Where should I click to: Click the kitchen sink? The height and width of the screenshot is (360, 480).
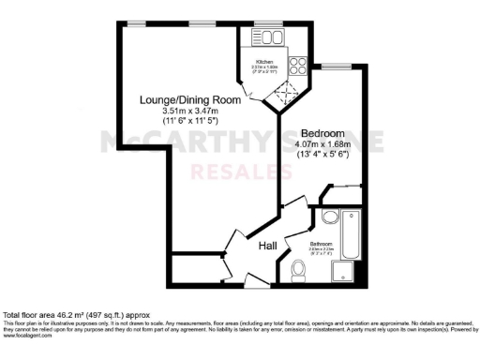pyautogui.click(x=271, y=37)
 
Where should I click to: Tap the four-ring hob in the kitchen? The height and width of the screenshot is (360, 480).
pyautogui.click(x=299, y=67)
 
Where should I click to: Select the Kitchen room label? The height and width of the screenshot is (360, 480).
pyautogui.click(x=264, y=63)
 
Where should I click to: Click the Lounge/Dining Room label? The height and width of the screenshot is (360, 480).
pyautogui.click(x=188, y=100)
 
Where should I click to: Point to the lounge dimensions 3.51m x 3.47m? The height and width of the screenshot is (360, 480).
pyautogui.click(x=188, y=112)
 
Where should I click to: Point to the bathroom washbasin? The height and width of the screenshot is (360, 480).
pyautogui.click(x=329, y=217)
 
